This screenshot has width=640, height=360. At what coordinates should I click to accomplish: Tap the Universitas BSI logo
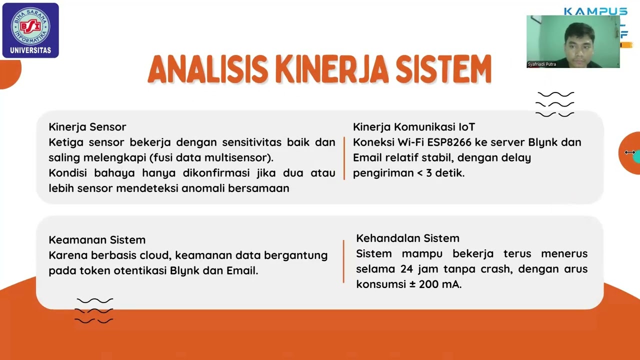click(x=30, y=30)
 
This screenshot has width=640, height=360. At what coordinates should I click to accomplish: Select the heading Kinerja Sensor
click(x=87, y=127)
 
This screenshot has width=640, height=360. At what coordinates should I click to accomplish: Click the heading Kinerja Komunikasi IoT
click(x=413, y=127)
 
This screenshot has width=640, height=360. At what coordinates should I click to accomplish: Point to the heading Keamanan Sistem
click(x=97, y=240)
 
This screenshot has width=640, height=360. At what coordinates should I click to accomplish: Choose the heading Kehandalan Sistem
click(x=407, y=238)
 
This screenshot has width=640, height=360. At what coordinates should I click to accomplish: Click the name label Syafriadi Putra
click(x=541, y=64)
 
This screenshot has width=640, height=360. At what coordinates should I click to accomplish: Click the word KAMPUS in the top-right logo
click(x=595, y=11)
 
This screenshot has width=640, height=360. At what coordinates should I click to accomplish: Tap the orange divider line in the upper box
click(x=344, y=157)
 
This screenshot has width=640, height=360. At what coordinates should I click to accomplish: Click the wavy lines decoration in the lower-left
click(x=94, y=310)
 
